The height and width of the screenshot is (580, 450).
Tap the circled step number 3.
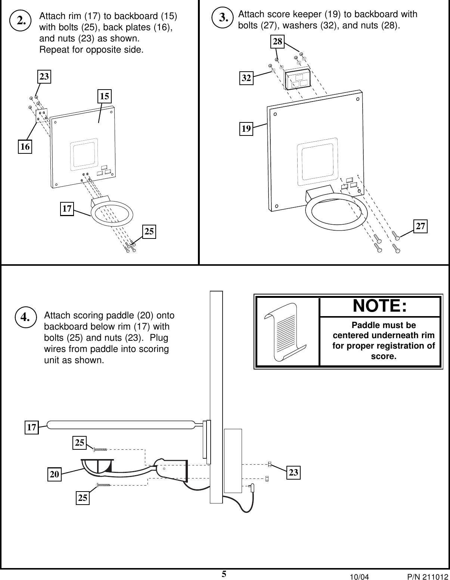(x=224, y=18)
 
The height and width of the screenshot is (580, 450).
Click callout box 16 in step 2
(x=25, y=147)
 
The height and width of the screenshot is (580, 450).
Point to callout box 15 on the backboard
(x=105, y=96)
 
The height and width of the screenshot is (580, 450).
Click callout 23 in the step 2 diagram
(x=44, y=77)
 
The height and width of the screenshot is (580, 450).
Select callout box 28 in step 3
(x=277, y=42)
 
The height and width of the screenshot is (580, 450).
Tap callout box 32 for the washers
(x=246, y=78)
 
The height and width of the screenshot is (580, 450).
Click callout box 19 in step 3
(x=246, y=129)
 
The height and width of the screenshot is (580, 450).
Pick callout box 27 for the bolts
(x=420, y=226)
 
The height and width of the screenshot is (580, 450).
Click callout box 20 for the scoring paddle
(x=55, y=474)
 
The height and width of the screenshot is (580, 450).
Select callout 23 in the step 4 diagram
(x=294, y=473)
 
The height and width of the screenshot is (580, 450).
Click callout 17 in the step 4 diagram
(x=32, y=427)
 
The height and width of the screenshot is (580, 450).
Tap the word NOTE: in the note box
(x=380, y=306)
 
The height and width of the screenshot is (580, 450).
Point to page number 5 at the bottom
(x=224, y=574)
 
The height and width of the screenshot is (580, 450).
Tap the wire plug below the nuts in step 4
(x=253, y=487)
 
